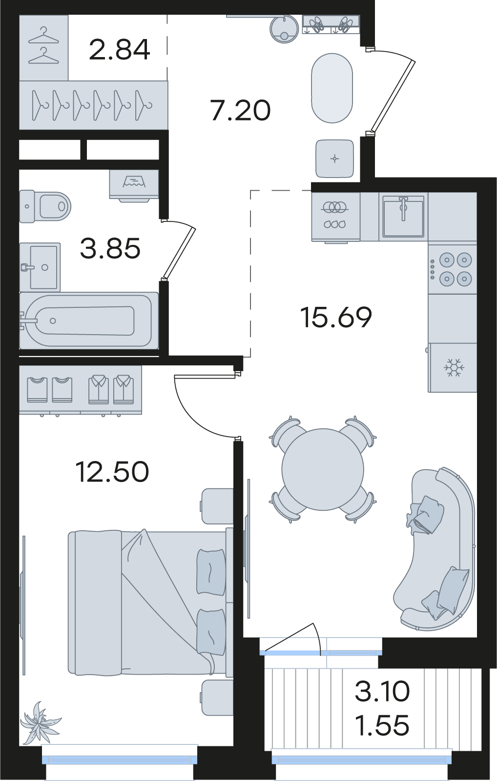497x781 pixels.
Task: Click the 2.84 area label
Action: point(119,49)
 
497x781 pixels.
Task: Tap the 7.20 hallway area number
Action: point(241,110)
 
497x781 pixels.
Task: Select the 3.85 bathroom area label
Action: point(110,248)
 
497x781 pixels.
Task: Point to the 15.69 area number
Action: point(336,317)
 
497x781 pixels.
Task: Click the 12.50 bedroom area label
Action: point(112,471)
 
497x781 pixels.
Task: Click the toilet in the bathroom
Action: point(45,206)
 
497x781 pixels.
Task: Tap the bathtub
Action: point(89,320)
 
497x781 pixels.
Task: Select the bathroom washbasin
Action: point(40,267)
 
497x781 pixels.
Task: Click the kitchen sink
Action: point(403,216)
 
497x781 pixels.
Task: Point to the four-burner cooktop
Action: point(452,269)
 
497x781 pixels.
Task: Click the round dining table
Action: point(323,469)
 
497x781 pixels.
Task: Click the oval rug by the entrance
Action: point(332,88)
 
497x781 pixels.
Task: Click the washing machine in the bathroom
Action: point(134,185)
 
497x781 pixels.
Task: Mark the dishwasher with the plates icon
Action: point(335,217)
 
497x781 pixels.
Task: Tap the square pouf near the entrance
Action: point(335,159)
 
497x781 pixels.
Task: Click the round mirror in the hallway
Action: point(285,29)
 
